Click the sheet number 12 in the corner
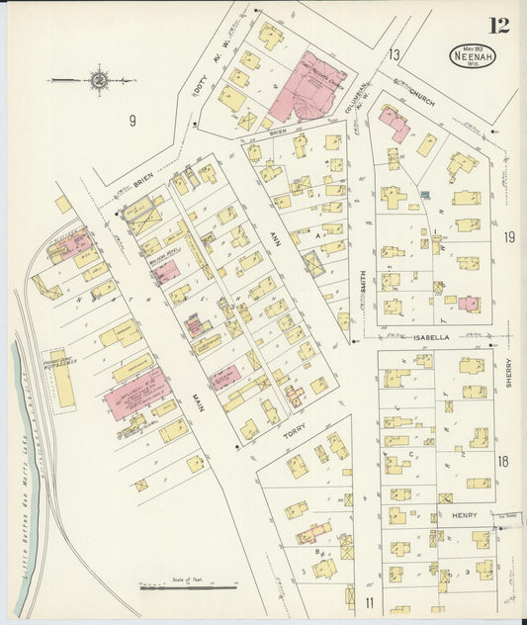click(x=499, y=25)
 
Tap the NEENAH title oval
click(x=474, y=56)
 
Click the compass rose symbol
click(x=99, y=79)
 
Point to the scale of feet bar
click(x=173, y=586)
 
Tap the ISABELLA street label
click(x=431, y=337)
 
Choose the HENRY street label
click(x=464, y=515)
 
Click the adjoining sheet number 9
click(x=131, y=122)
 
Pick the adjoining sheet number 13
click(x=395, y=54)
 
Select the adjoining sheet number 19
click(x=508, y=237)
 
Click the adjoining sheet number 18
click(x=503, y=462)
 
